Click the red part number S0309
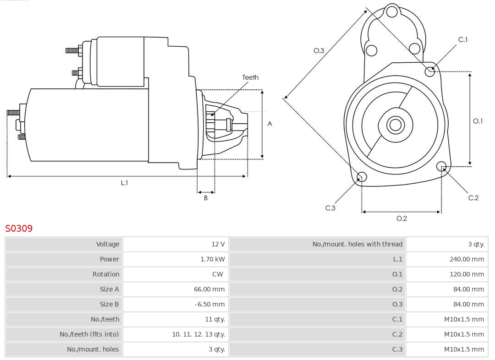click(19, 228)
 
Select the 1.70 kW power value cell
click(212, 259)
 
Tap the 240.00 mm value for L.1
click(466, 259)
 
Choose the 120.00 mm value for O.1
click(466, 274)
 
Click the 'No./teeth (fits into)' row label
click(89, 334)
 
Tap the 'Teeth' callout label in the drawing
click(250, 77)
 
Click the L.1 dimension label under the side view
click(124, 183)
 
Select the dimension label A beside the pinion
click(270, 124)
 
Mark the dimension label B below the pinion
click(206, 198)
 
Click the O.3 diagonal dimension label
click(319, 51)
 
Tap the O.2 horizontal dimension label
click(401, 218)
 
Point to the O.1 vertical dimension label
click(478, 121)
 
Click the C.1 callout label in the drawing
click(463, 40)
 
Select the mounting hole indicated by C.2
click(441, 166)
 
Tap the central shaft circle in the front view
click(395, 125)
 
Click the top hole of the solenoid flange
click(392, 11)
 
